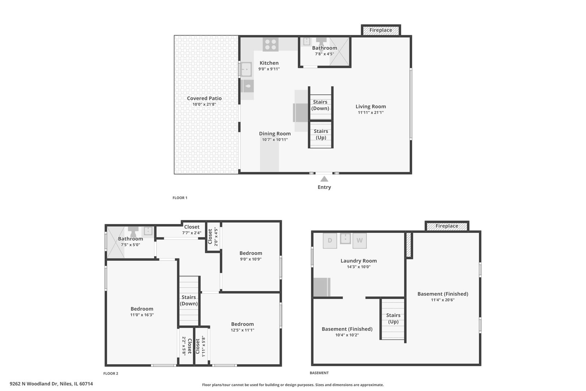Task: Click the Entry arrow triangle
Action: click(x=324, y=179)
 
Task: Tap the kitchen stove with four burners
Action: click(x=271, y=44)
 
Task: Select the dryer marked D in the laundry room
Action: click(x=330, y=240)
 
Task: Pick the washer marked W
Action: click(x=360, y=240)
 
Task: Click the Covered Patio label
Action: click(x=204, y=98)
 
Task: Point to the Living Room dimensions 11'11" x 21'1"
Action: click(x=371, y=113)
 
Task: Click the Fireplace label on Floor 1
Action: click(x=381, y=30)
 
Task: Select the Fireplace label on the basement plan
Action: click(x=447, y=226)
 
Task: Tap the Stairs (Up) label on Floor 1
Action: click(x=321, y=134)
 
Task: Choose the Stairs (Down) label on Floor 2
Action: click(x=188, y=300)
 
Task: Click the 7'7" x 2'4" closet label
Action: click(x=192, y=230)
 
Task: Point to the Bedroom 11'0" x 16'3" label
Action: click(x=142, y=312)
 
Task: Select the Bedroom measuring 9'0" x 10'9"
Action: click(x=251, y=256)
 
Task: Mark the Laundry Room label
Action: click(x=359, y=261)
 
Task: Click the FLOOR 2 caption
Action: click(x=111, y=374)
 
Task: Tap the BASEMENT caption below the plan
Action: click(x=319, y=373)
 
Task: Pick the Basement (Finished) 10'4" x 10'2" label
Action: click(x=347, y=332)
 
